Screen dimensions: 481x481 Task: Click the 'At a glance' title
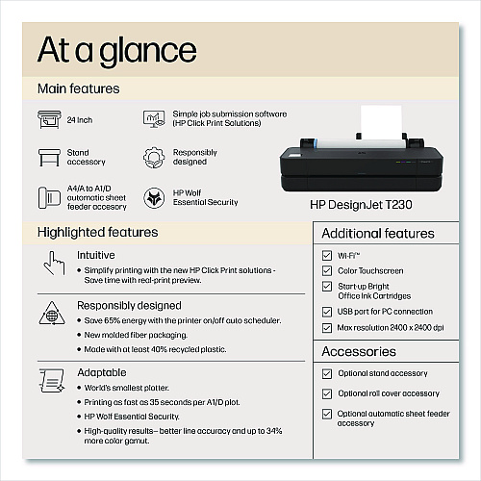[x=117, y=51]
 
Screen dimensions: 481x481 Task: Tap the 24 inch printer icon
[x=49, y=119]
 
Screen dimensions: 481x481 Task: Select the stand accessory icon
[x=49, y=158]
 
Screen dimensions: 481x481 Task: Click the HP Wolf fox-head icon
[x=154, y=198]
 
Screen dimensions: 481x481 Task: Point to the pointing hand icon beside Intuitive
[x=54, y=264]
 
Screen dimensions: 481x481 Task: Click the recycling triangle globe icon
[x=52, y=314]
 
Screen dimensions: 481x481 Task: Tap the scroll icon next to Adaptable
[x=52, y=380]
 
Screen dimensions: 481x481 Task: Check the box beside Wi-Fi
[x=327, y=255]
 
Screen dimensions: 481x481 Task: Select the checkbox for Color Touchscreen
[x=327, y=270]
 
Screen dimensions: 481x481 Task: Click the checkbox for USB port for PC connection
[x=327, y=312]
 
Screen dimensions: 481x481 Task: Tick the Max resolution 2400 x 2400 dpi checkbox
[x=327, y=328]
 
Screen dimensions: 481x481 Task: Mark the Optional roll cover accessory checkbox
[x=327, y=393]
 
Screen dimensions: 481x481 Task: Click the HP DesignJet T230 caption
[x=361, y=205]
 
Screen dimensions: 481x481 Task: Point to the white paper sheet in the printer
[x=381, y=122]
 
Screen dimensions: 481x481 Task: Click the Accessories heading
[x=359, y=351]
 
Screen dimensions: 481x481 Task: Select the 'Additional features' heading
[x=378, y=234]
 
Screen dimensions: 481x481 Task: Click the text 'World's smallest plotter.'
[x=126, y=388]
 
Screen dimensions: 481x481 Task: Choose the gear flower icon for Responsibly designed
[x=154, y=158]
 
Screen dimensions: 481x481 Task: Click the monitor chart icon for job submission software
[x=154, y=119]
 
